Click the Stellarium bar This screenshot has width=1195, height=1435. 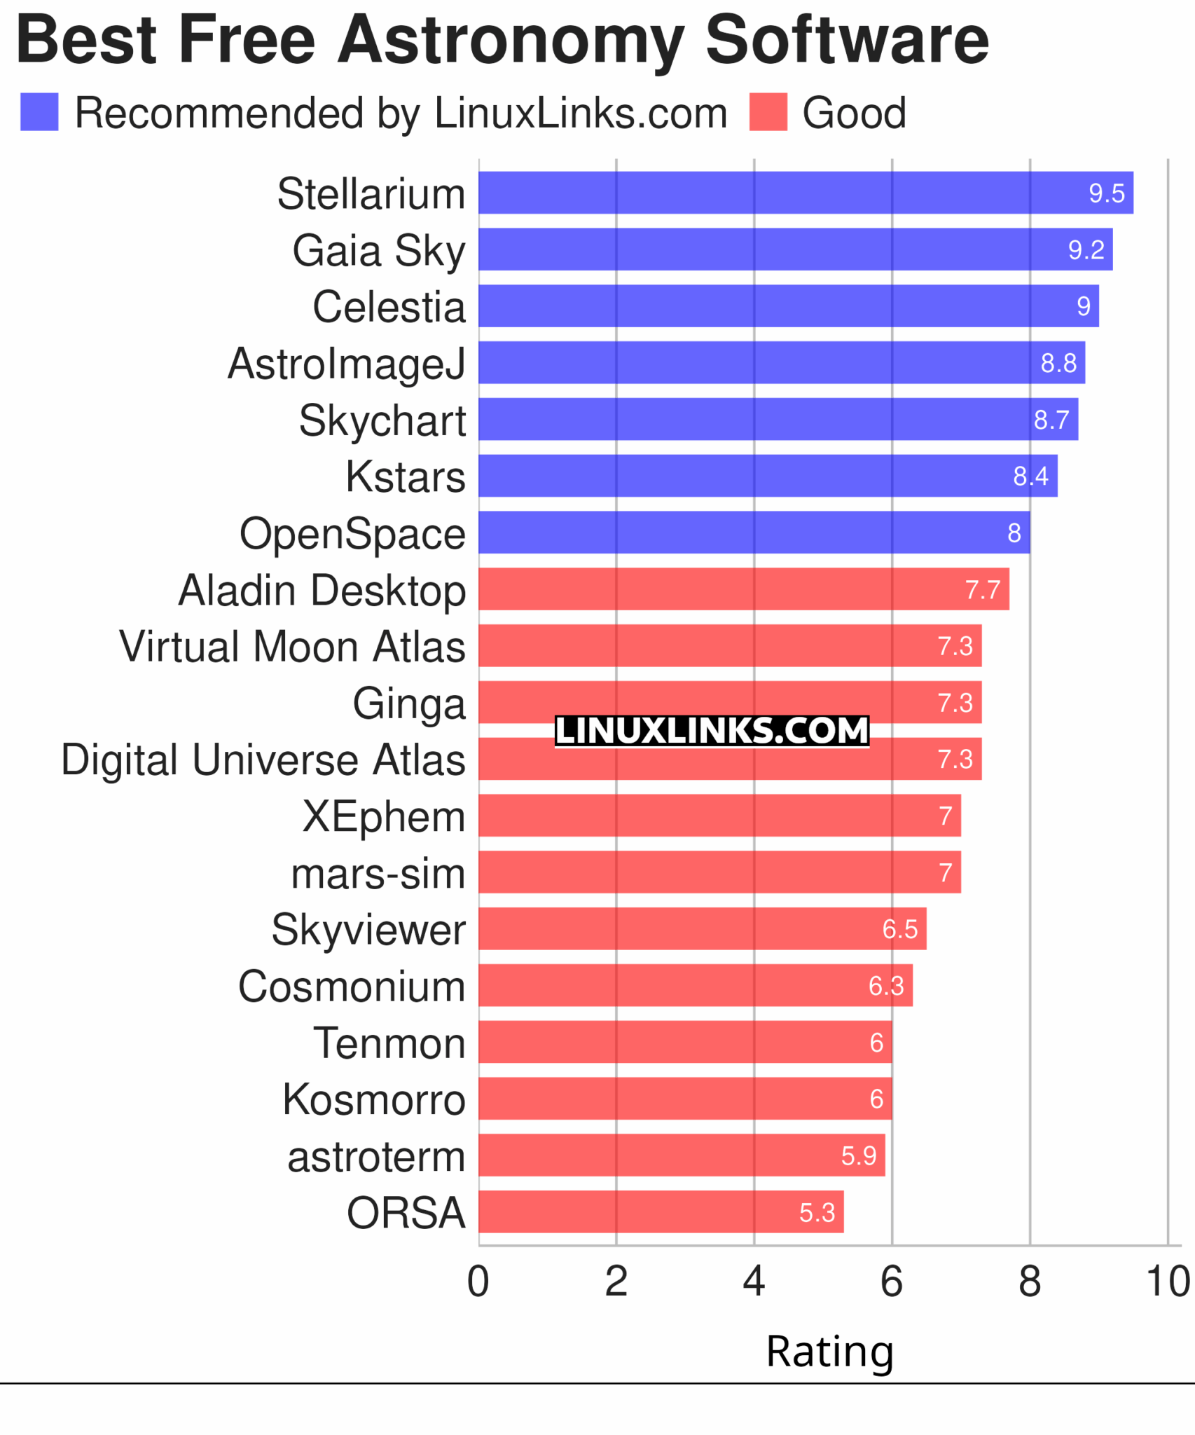[x=806, y=193]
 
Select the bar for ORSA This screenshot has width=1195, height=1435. [x=661, y=1211]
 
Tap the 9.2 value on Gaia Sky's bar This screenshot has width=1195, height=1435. [x=1086, y=249]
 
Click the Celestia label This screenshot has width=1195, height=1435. [x=389, y=307]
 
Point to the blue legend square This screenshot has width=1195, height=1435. [x=39, y=112]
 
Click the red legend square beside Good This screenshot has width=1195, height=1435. [x=768, y=112]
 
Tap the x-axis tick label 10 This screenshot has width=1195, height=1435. [x=1167, y=1282]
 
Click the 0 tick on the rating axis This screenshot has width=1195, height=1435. [x=478, y=1282]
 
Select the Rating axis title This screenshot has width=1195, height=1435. [x=829, y=1351]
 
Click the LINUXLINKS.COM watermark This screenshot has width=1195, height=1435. [x=712, y=731]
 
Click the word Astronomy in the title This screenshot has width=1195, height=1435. [x=511, y=41]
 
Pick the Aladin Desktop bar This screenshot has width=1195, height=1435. [x=743, y=589]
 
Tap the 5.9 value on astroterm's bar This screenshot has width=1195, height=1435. [x=859, y=1155]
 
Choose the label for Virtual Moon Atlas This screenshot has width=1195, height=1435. [x=292, y=646]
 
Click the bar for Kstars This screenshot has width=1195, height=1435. [x=768, y=476]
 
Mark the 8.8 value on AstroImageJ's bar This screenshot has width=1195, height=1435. [x=1058, y=363]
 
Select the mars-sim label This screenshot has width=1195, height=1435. [x=378, y=874]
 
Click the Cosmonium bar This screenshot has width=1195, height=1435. [x=695, y=985]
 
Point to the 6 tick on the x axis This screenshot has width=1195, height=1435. [x=892, y=1282]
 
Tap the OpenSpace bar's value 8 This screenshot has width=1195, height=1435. [x=1014, y=533]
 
